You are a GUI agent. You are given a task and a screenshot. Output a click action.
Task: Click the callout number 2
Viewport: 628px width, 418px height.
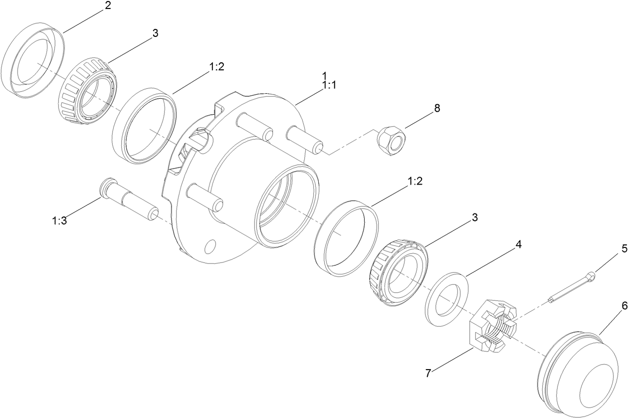click(108, 6)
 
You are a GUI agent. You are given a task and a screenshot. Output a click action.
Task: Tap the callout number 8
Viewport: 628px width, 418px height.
click(437, 108)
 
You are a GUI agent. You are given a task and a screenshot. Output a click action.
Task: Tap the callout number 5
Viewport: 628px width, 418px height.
click(624, 248)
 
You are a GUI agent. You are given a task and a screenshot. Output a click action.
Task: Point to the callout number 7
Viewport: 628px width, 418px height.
click(428, 373)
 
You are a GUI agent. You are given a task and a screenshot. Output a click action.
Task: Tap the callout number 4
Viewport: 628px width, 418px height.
click(518, 245)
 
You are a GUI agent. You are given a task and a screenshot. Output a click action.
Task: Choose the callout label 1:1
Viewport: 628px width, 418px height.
click(329, 85)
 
